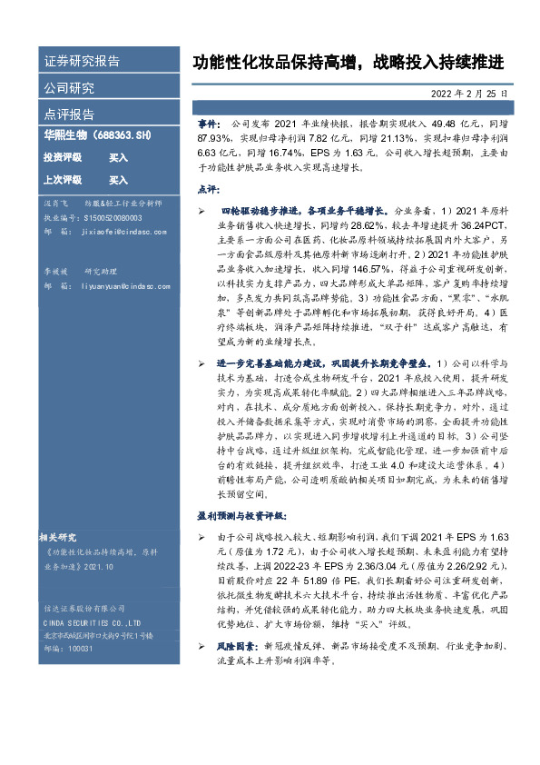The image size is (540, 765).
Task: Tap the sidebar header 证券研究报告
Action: click(x=81, y=62)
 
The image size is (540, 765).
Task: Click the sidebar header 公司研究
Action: click(x=69, y=88)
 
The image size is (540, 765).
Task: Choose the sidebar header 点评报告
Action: click(x=69, y=114)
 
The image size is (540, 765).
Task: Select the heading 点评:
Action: click(x=207, y=188)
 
